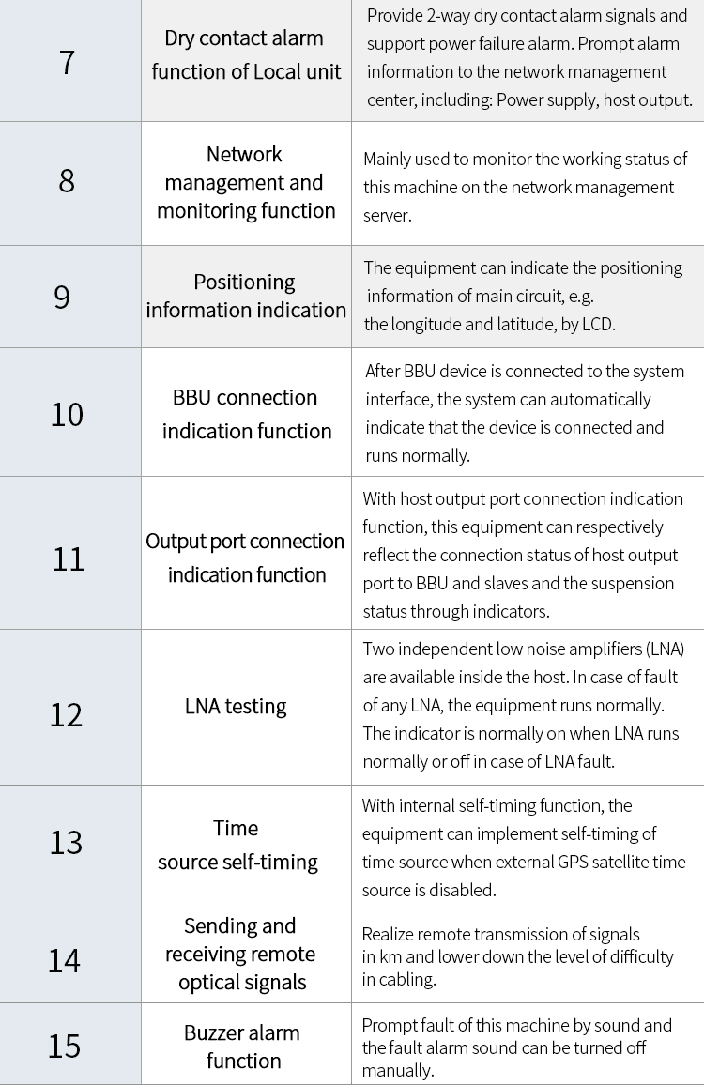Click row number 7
[67, 62]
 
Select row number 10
[67, 414]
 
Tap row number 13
[67, 843]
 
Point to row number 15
[65, 1046]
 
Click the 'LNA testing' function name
[236, 707]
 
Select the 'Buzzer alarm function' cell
[243, 1047]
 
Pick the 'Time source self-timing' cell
[237, 845]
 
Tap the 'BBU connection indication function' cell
[246, 414]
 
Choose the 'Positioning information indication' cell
[246, 296]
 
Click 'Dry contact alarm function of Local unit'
[246, 55]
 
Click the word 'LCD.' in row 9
[594, 325]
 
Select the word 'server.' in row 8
[387, 215]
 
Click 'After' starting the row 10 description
[383, 371]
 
